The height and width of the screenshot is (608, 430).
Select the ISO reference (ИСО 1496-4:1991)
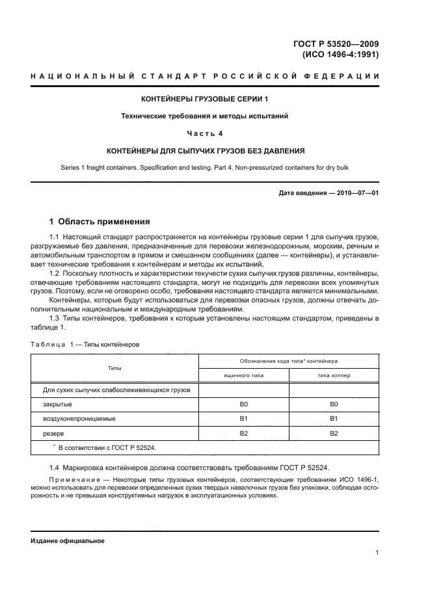341,55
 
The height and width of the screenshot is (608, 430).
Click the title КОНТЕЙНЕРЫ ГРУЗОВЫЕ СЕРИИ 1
204,99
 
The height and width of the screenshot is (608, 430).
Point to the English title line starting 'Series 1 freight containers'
204,168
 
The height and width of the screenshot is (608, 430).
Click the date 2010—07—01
356,194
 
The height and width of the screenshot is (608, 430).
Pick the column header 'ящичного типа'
243,375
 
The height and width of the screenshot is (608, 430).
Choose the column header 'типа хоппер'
334,375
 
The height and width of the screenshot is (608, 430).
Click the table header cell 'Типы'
114,368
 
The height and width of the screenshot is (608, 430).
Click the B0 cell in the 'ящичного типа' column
243,404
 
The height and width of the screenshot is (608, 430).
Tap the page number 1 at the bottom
377,553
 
